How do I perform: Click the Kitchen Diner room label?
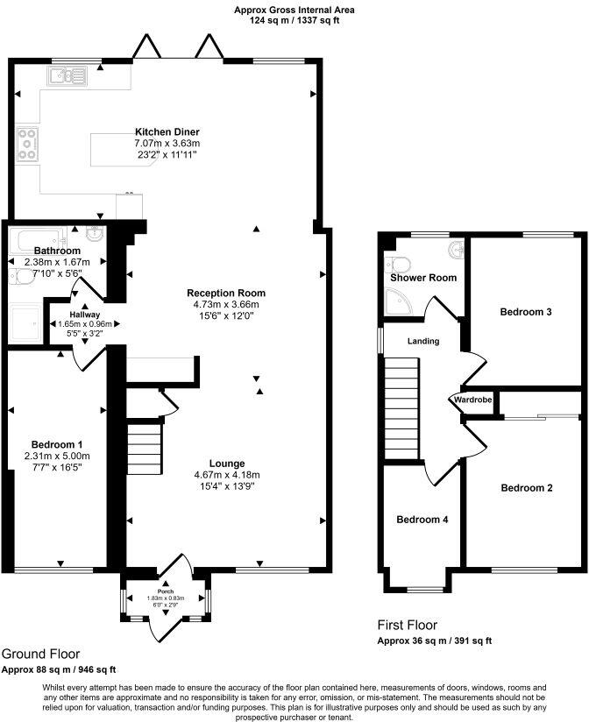(x=167, y=131)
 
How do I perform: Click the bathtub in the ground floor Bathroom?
(x=35, y=237)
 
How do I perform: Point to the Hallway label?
(x=85, y=314)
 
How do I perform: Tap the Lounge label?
(x=226, y=463)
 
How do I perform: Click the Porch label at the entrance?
(x=166, y=591)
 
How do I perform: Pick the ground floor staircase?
(x=145, y=447)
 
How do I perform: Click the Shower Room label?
(x=423, y=278)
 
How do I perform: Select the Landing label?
(x=423, y=341)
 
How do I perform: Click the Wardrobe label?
(x=472, y=400)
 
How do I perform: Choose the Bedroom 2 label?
(x=526, y=487)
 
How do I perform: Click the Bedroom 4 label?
(x=422, y=520)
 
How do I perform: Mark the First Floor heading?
(x=408, y=626)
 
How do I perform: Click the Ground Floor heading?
(x=40, y=654)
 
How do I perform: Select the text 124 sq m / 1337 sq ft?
(x=294, y=20)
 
